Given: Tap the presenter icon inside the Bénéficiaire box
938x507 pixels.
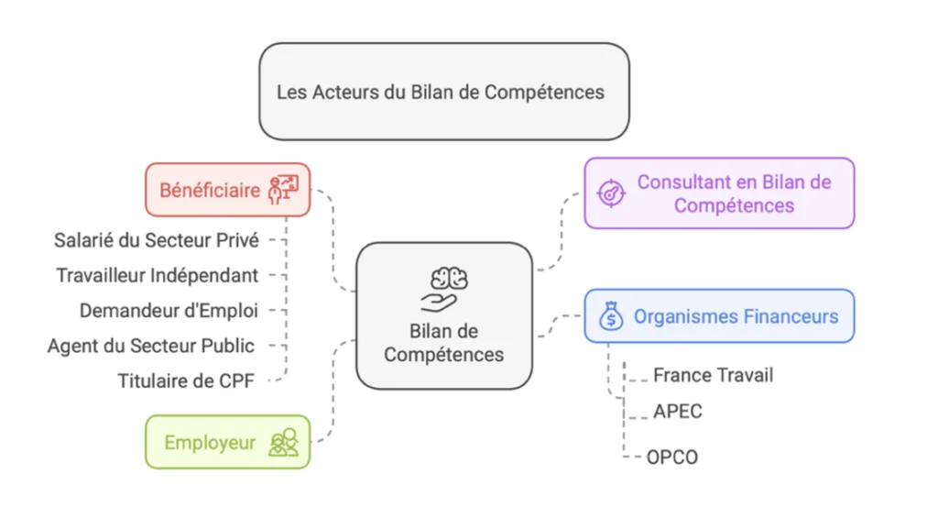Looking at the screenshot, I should point(283,190).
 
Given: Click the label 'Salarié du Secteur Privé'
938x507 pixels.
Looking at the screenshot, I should point(157,240).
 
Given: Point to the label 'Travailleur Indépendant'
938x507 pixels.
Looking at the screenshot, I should point(157,275).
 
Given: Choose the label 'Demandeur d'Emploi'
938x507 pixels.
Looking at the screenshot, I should point(169,311).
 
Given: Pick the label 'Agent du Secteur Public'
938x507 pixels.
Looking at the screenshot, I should point(151,346).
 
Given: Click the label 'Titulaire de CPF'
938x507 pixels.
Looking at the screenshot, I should point(186,380).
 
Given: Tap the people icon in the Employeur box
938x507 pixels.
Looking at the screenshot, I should point(283,442).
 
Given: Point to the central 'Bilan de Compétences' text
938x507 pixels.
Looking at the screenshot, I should point(444,342).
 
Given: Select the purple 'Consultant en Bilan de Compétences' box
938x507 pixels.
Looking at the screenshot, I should point(719,193).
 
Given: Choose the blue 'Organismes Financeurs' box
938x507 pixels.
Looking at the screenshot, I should point(719,316).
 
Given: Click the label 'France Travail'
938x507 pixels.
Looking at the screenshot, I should point(714,375).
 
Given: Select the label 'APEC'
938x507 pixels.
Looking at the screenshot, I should point(678,412).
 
